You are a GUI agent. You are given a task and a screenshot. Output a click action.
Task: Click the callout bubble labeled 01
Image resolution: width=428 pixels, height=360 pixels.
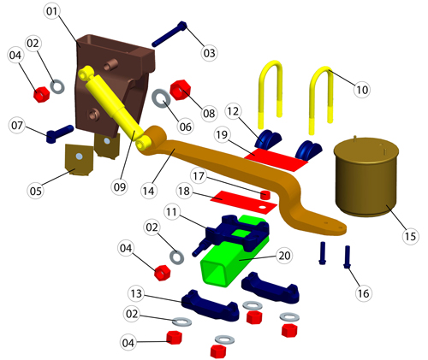tap(52, 11)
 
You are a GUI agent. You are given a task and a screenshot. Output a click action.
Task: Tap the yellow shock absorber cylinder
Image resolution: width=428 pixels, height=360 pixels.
tap(114, 108)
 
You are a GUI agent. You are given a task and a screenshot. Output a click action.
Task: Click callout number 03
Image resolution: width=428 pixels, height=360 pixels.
tap(209, 53)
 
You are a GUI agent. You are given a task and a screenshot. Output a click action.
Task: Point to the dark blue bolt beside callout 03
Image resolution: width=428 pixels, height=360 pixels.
tap(169, 34)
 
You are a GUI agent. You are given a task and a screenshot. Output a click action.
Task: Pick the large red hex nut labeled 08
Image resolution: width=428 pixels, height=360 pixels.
tap(180, 90)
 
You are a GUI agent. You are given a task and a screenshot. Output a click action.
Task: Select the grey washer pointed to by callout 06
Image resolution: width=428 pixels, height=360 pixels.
tap(162, 98)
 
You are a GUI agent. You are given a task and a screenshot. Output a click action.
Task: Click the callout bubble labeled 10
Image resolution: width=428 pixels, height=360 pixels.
tap(362, 90)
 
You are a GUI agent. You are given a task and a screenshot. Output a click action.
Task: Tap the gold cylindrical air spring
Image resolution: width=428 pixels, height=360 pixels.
tap(366, 177)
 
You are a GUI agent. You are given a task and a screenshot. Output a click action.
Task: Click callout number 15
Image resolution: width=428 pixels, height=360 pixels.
tap(410, 236)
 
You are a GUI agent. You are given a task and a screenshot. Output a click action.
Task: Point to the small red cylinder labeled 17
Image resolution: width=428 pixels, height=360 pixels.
tap(265, 195)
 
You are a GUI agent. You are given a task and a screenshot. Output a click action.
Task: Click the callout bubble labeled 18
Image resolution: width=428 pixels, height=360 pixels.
tap(184, 191)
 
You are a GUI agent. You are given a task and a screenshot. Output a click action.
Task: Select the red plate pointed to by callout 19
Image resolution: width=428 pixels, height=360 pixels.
tap(276, 160)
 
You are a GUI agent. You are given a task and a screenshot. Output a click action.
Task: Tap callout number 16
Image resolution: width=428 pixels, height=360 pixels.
tap(363, 293)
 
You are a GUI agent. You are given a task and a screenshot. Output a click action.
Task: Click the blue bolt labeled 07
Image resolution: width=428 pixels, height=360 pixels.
tap(60, 133)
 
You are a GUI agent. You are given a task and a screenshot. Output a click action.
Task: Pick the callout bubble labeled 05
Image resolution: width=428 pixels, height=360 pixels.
tap(36, 191)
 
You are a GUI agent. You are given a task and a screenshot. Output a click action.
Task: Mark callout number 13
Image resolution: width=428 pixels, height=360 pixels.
tap(136, 293)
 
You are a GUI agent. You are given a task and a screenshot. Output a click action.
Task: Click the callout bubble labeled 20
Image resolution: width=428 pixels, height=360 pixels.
tap(284, 256)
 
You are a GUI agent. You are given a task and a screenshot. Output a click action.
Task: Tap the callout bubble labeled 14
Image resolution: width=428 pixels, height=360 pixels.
tap(149, 191)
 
